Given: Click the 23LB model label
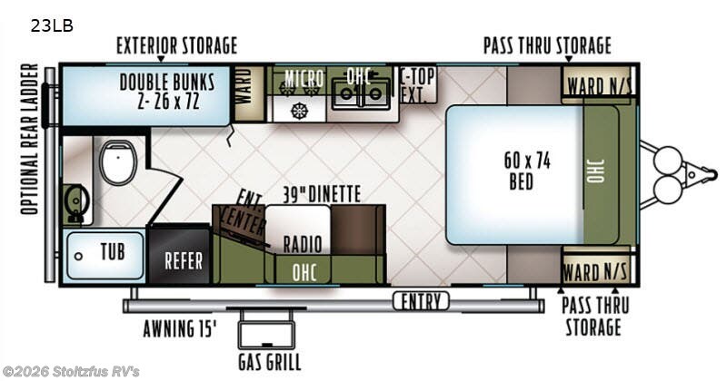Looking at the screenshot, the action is [52, 26].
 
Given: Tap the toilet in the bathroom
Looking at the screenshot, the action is [119, 162].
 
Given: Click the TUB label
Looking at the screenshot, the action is [113, 252].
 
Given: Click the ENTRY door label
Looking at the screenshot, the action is [421, 302].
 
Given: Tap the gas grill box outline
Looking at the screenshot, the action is [266, 335].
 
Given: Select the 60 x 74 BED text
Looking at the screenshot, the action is [527, 171].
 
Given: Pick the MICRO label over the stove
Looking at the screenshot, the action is [304, 79].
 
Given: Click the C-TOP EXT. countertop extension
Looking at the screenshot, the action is [417, 85].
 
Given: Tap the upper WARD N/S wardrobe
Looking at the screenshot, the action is [598, 85].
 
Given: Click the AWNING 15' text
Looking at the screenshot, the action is [180, 329].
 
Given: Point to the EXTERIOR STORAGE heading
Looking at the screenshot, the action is [176, 46].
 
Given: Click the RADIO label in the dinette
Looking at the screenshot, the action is [303, 244].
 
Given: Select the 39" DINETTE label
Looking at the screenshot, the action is [322, 194].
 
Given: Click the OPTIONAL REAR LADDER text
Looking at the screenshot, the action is [30, 139].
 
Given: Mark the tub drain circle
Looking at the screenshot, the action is [78, 256].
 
